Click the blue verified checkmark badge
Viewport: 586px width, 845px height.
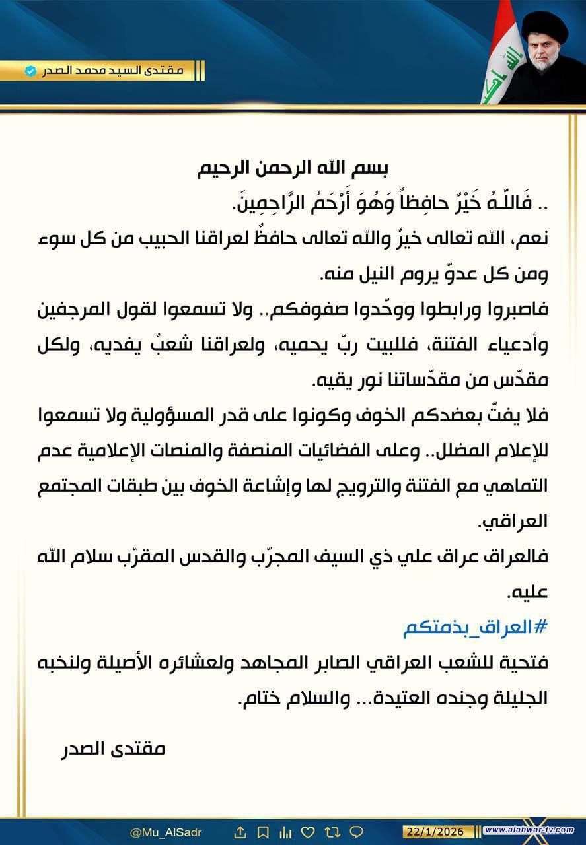[30, 70]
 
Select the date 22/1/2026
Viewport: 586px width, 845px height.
[436, 830]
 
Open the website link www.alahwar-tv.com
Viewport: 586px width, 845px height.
[533, 830]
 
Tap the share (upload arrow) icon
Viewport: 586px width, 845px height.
[240, 831]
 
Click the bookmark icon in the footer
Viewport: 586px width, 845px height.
[263, 831]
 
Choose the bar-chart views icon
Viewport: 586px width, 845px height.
[285, 831]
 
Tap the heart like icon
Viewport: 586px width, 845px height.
[308, 831]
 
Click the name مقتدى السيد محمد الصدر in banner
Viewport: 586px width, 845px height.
[116, 70]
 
